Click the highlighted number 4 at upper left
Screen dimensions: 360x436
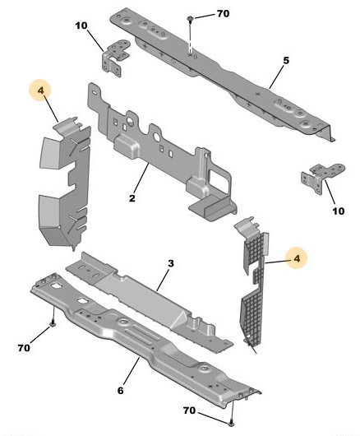point(41,90)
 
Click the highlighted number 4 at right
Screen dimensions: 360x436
point(297,258)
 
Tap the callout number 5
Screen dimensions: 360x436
point(286,60)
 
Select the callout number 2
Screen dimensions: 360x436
point(132,198)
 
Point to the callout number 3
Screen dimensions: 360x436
point(171,263)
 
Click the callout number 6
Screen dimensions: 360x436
point(120,391)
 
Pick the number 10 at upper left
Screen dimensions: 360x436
point(81,26)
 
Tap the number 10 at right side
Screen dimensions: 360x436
point(339,211)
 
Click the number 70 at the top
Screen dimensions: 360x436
point(223,13)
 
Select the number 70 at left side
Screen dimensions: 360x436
point(24,348)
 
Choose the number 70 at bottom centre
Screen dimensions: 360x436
point(189,410)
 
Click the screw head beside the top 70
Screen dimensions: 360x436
point(191,18)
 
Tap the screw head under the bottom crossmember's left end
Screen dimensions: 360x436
point(53,323)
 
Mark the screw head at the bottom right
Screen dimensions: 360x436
point(232,424)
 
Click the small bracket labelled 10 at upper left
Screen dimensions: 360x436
point(116,58)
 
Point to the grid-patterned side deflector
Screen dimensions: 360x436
point(252,281)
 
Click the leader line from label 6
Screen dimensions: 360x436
point(132,371)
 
